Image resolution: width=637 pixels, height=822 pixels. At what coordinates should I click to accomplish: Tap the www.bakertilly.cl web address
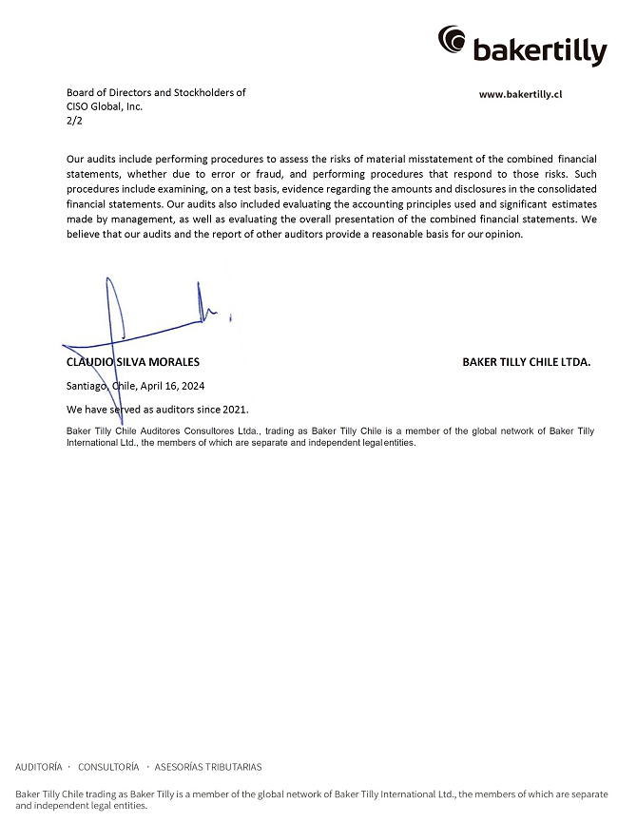click(x=521, y=94)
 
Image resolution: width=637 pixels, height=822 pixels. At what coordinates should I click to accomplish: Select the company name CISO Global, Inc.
click(x=105, y=106)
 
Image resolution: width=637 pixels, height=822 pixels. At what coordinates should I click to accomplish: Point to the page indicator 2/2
click(x=74, y=121)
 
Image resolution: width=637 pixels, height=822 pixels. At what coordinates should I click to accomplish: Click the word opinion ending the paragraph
click(x=503, y=235)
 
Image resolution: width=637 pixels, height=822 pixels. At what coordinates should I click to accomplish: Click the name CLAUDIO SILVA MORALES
click(x=132, y=362)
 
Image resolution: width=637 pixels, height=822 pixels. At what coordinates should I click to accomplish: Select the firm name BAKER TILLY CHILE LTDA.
click(x=526, y=362)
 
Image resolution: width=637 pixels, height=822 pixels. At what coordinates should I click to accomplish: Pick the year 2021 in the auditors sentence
click(x=235, y=410)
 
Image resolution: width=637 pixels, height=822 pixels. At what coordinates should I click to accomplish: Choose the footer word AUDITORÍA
click(x=39, y=767)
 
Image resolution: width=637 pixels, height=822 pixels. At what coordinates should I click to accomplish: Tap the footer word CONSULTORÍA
click(x=108, y=767)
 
